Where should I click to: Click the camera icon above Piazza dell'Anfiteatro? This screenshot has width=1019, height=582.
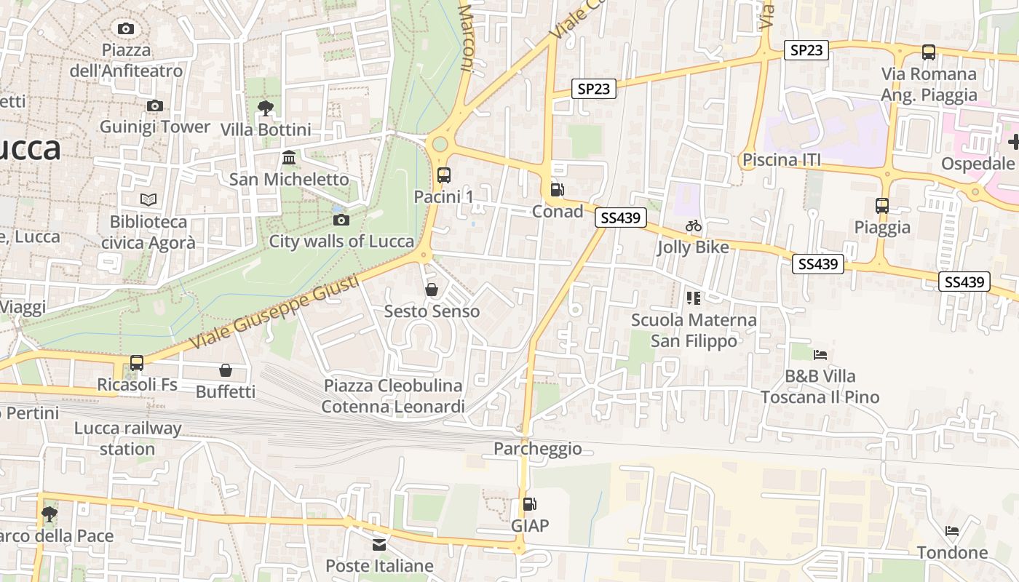coord(126,28)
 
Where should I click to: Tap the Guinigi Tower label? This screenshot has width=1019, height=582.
coord(154,127)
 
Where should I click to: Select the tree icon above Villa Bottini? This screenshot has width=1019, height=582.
coord(266,109)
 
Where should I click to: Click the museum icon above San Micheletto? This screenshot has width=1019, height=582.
coord(289,158)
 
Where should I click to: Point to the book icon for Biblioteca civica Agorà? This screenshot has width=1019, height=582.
coord(148,199)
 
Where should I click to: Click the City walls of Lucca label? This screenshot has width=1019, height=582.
coord(341,241)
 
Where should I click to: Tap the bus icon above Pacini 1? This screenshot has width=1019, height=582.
coord(444,175)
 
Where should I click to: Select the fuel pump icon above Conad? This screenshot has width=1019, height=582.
coord(557,190)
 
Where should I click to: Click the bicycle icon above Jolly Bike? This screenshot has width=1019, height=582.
coord(693,226)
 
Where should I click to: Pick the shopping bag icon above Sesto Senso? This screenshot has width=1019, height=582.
coord(432,290)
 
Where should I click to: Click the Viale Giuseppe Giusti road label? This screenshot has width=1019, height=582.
coord(274,311)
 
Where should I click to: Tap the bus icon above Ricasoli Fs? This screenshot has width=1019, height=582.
coord(137,362)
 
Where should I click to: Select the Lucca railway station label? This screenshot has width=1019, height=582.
coord(127,438)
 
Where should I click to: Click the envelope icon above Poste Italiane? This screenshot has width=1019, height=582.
coord(379,544)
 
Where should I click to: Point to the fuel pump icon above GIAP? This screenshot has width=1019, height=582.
coord(530,504)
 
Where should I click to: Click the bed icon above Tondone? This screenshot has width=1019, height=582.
coord(952,531)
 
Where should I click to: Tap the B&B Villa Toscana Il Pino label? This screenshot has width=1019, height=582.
coord(820,386)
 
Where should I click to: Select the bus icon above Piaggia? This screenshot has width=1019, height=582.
coord(882,206)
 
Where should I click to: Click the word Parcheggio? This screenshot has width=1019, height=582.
coord(538,448)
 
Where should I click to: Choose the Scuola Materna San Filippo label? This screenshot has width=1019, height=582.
coord(694,330)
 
